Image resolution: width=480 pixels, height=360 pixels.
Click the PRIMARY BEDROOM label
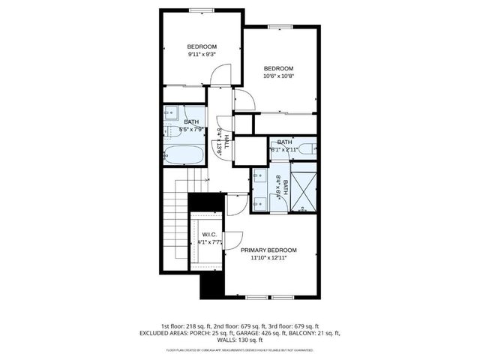pos(268,250)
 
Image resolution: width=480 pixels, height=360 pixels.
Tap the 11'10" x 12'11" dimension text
pos(268,257)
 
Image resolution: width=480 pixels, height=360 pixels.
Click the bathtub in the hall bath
pos(183,157)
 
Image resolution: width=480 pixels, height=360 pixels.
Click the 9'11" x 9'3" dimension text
pos(200,54)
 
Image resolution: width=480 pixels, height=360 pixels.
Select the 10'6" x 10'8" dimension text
pos(277,75)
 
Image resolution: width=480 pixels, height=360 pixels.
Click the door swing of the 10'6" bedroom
pos(242,100)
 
